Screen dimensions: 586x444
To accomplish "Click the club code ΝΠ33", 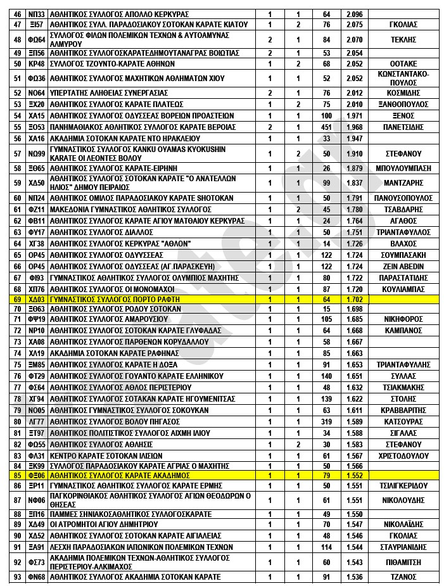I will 37,14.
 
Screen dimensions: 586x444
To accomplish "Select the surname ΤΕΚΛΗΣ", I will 403,39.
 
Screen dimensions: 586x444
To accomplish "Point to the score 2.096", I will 355,14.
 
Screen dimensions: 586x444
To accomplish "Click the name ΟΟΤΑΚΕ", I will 403,64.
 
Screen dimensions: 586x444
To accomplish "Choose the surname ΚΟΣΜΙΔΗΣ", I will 403,92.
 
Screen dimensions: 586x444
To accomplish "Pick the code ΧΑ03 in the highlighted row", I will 37,298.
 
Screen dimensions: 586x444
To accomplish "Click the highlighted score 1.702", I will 355,298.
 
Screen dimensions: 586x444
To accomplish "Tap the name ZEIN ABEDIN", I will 403,267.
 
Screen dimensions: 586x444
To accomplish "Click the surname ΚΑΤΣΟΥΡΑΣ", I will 403,421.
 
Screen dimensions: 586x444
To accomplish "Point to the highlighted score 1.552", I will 355,475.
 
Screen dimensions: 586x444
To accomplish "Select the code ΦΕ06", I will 37,475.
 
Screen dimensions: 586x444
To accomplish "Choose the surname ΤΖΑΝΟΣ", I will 403,576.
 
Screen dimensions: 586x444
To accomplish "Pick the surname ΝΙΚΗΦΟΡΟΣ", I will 403,319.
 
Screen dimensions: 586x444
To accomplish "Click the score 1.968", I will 355,127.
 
